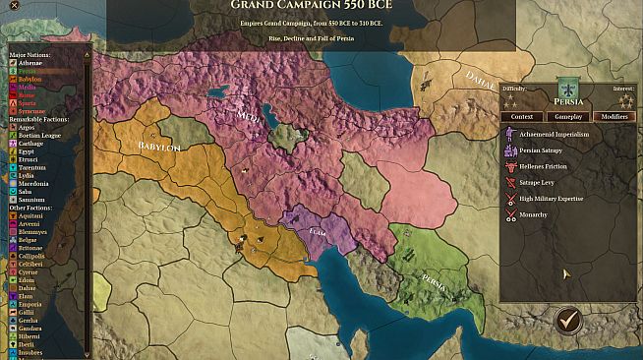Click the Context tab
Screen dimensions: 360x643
522,116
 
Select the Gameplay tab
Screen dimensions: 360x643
569,116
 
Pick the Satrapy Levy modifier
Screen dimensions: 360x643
543,183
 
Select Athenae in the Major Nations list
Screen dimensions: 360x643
30,63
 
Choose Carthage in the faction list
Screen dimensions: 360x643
30,144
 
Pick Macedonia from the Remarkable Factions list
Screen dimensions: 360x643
33,184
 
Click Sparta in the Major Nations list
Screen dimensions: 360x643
29,103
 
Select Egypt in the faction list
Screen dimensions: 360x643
28,151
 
